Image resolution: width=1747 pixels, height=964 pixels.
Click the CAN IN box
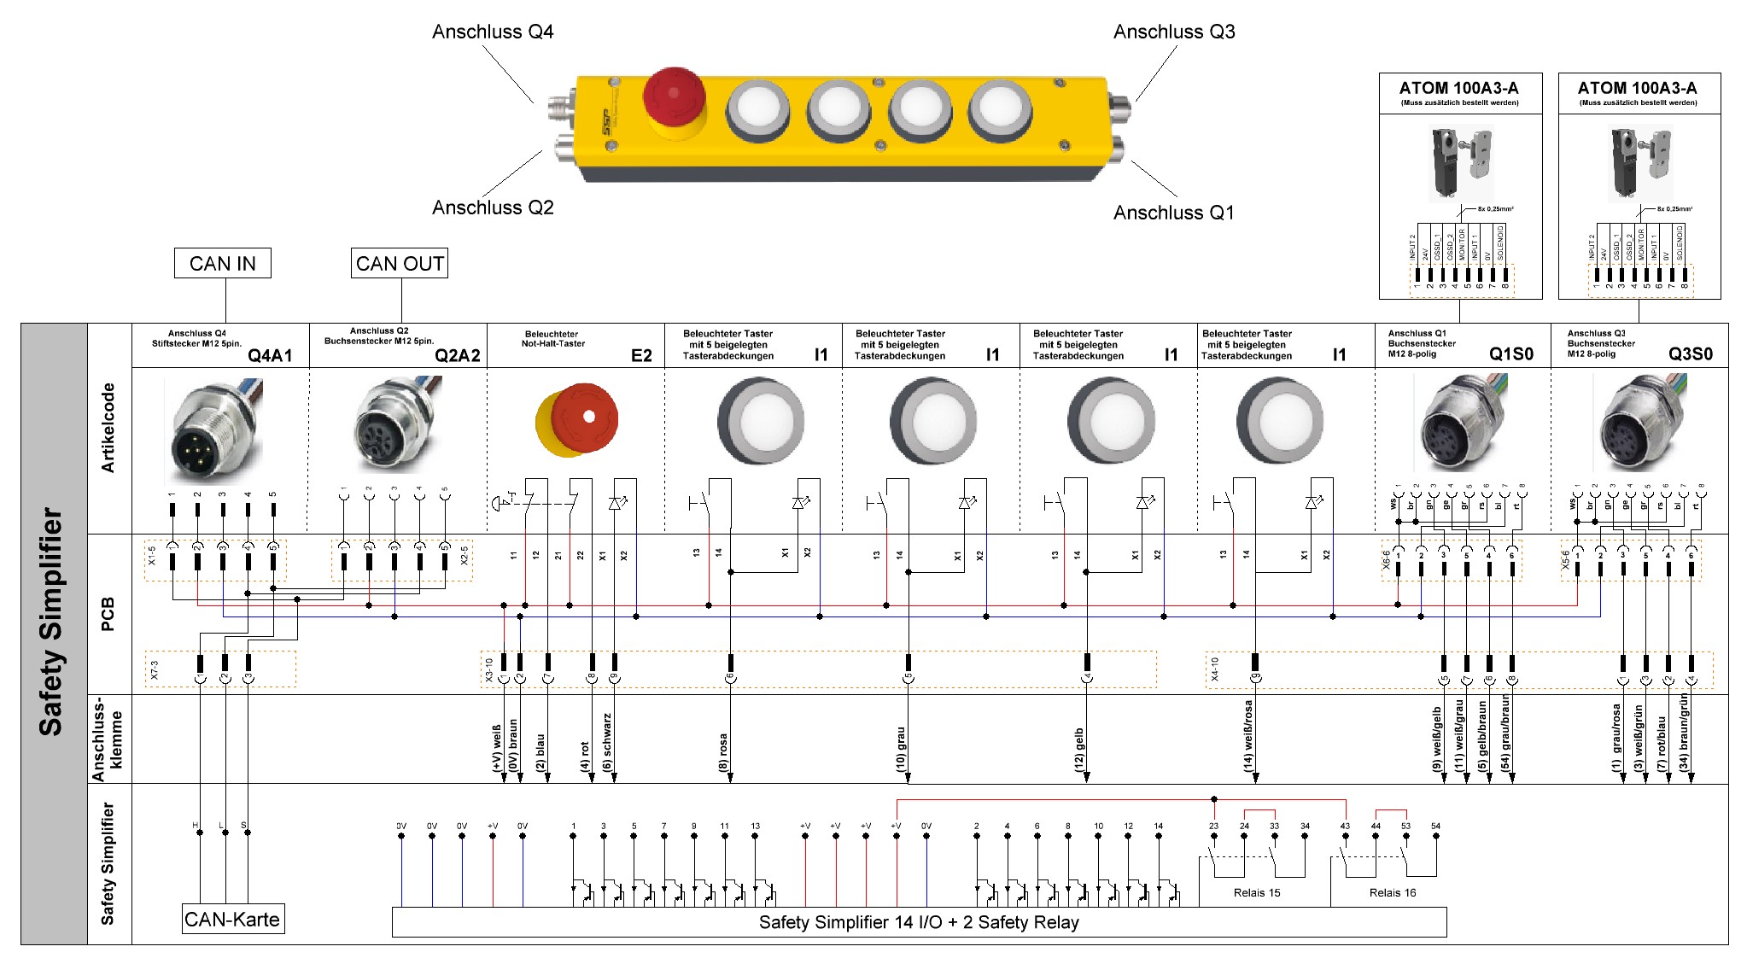(222, 263)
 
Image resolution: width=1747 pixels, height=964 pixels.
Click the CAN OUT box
(399, 263)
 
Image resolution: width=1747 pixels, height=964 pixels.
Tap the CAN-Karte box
(232, 920)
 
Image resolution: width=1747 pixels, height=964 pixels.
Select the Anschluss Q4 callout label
(493, 32)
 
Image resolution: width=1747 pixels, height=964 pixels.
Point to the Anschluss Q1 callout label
(1173, 213)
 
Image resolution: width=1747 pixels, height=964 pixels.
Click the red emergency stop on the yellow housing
(674, 96)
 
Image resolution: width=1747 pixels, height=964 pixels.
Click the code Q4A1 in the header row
(270, 355)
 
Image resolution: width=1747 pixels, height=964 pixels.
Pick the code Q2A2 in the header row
(457, 355)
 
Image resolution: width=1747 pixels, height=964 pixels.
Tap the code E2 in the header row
(641, 355)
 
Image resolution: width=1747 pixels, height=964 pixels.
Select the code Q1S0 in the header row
(1510, 354)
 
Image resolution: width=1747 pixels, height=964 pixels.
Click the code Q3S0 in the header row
(1690, 354)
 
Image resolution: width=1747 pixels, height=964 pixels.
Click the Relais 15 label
(1257, 892)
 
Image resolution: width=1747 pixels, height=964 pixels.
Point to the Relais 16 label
(1392, 892)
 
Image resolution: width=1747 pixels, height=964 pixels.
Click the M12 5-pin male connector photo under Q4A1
(213, 431)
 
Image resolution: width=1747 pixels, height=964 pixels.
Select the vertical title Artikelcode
(108, 428)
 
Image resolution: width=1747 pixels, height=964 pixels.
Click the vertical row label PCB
(108, 614)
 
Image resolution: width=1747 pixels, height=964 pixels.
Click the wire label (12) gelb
(1079, 751)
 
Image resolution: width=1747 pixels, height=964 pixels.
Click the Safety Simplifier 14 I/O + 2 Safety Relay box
(919, 922)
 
